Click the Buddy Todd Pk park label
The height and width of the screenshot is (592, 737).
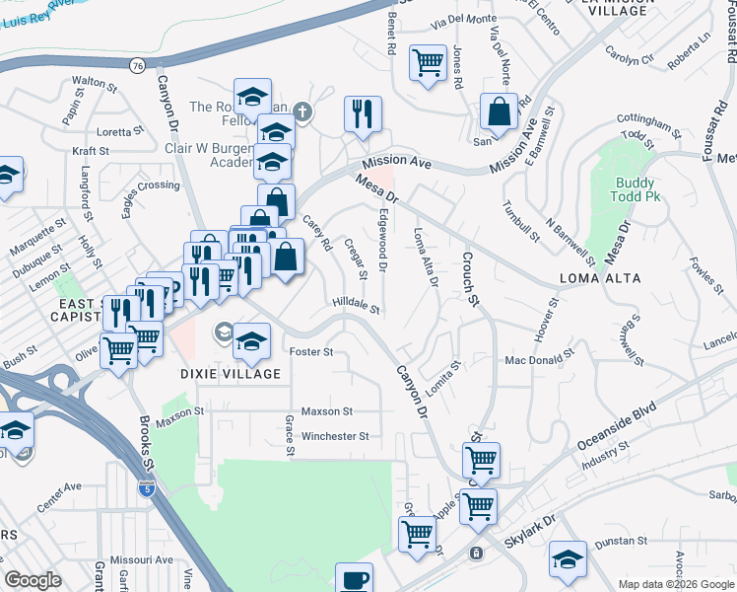(636, 189)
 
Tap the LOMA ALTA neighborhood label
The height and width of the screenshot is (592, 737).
(601, 278)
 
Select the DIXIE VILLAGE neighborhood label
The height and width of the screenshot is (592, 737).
(232, 374)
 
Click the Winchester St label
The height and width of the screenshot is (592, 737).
(335, 436)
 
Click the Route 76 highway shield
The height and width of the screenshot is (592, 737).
(136, 65)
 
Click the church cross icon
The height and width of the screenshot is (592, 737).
(302, 111)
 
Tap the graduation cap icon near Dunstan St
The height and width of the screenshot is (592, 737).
(568, 559)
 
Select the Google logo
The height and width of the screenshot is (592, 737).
(33, 580)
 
